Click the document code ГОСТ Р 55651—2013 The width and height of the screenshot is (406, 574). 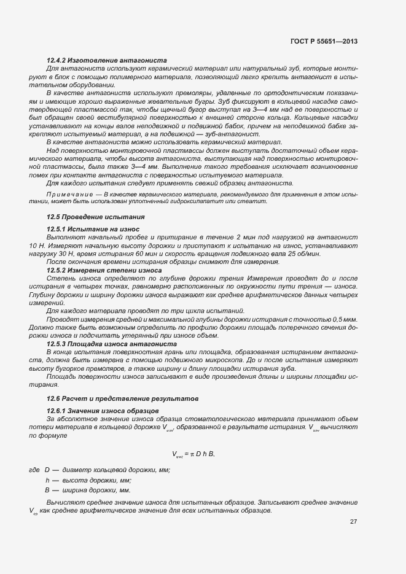coord(324,41)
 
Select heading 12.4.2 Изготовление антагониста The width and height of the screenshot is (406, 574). coord(107,61)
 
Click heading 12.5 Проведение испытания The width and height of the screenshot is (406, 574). coord(96,217)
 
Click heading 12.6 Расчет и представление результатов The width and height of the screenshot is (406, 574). coord(123,399)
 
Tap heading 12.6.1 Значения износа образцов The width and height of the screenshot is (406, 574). coord(103,410)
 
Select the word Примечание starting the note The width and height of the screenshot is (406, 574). coord(74,193)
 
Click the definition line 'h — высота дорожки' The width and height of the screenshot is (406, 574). coord(88,480)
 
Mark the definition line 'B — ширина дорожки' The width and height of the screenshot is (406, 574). coord(87,491)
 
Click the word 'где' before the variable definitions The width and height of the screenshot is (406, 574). coord(34,470)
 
